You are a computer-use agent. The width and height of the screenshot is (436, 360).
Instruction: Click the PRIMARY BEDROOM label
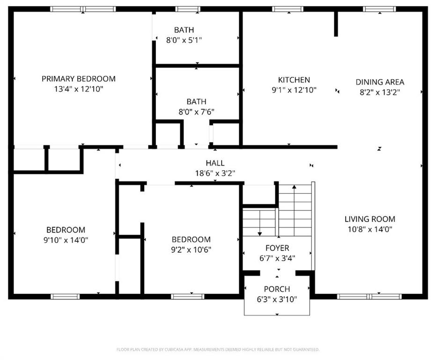pos(78,79)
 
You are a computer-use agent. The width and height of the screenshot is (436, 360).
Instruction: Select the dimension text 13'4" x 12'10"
pos(78,89)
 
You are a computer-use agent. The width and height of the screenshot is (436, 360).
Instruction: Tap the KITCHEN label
pos(294,80)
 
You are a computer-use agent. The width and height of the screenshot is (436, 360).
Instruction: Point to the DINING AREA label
pos(379,82)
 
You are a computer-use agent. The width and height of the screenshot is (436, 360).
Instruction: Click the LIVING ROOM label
pos(369,219)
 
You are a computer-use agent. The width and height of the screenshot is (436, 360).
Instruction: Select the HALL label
pos(215,163)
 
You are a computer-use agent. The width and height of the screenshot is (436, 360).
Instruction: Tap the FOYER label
pos(277,248)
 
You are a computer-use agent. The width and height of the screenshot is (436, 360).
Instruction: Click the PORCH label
pos(277,289)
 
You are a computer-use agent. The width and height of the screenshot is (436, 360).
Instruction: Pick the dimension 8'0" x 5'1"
pos(184,40)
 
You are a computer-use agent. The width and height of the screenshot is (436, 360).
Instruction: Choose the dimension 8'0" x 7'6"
pos(196,112)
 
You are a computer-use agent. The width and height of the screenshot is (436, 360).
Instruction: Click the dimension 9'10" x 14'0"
pos(66,240)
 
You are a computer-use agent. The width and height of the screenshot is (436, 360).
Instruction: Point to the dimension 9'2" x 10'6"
pos(191,249)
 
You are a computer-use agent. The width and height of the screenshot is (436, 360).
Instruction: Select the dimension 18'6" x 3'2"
pos(215,173)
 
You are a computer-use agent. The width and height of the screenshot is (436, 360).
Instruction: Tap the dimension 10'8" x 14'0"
pos(369,229)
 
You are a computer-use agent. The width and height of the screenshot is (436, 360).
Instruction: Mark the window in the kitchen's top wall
pos(287,9)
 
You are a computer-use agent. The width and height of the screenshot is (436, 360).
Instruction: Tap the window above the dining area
pos(379,9)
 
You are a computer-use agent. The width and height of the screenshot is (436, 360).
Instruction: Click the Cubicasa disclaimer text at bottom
pos(218,349)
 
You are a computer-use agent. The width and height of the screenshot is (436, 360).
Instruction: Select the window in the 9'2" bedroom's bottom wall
pos(187,296)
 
